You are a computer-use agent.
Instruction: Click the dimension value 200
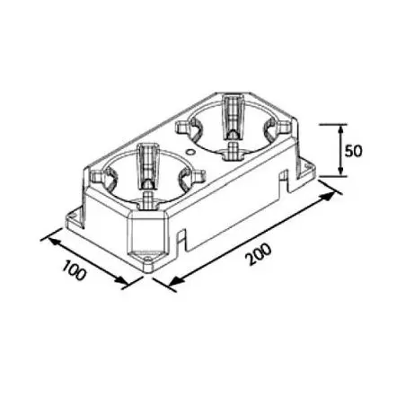click(x=259, y=254)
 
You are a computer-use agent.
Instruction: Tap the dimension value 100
click(x=74, y=270)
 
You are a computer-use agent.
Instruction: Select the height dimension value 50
click(x=353, y=151)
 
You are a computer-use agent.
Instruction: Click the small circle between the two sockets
click(x=190, y=152)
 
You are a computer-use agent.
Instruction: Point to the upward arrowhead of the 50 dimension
click(x=340, y=130)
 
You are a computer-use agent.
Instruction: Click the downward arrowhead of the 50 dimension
click(x=340, y=170)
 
